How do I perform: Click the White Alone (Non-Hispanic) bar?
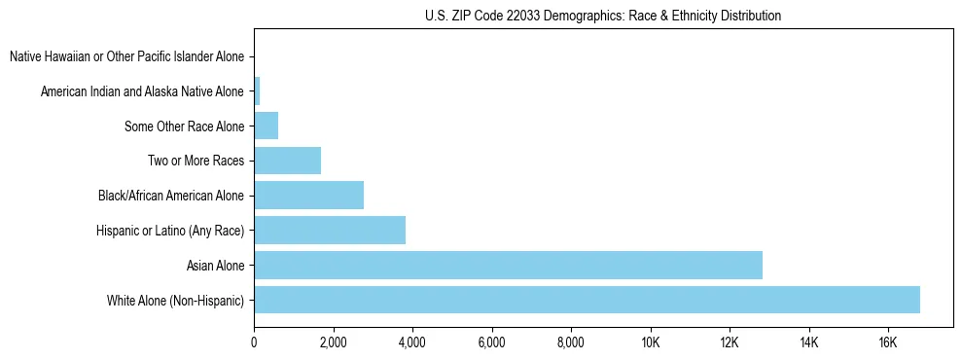click(x=587, y=300)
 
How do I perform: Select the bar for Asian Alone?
click(x=508, y=265)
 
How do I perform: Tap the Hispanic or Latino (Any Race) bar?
click(x=330, y=230)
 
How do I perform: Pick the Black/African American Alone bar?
click(x=308, y=196)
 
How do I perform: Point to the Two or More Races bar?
click(x=287, y=161)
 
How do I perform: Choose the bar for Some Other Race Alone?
click(x=266, y=126)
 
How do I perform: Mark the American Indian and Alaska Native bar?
click(x=257, y=91)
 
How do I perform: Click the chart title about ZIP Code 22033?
click(x=603, y=16)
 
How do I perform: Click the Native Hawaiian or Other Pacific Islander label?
click(x=126, y=56)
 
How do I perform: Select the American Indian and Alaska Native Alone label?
click(x=142, y=91)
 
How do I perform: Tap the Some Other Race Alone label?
click(x=185, y=126)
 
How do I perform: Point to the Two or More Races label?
click(x=198, y=161)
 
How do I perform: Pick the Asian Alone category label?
click(x=215, y=265)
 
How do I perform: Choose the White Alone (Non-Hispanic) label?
click(x=176, y=300)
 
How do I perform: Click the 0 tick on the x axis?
click(x=254, y=342)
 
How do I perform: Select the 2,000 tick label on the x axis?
click(x=333, y=342)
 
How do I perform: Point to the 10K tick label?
click(x=651, y=342)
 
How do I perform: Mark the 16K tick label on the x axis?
click(x=888, y=342)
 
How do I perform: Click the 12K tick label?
click(x=730, y=342)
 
